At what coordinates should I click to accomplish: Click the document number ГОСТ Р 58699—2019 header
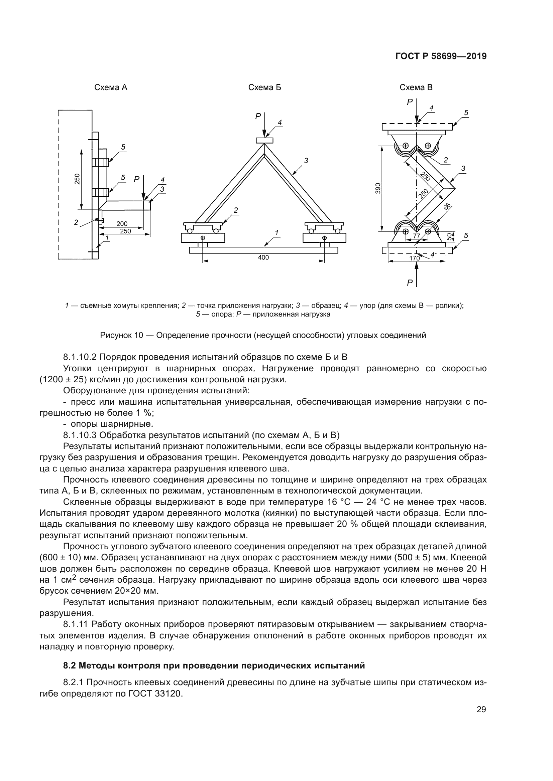441,56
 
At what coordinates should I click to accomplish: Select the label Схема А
111,88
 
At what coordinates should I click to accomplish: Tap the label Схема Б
264,88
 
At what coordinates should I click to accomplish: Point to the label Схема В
416,88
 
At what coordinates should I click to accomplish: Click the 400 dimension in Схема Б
263,257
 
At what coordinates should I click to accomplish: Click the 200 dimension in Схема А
122,224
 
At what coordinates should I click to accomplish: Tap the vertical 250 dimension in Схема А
77,179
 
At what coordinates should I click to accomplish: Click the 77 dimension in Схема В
417,236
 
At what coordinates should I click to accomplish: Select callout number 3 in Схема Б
306,160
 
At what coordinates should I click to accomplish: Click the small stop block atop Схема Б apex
264,140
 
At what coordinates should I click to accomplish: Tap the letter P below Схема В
410,283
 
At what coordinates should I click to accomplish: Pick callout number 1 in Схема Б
276,233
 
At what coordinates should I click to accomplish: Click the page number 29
481,710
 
